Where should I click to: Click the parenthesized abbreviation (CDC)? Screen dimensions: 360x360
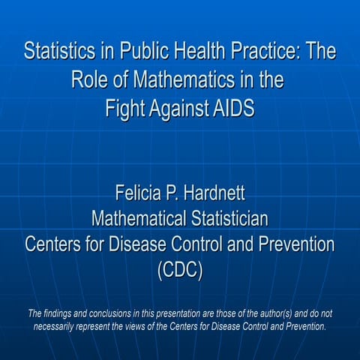(x=179, y=271)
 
